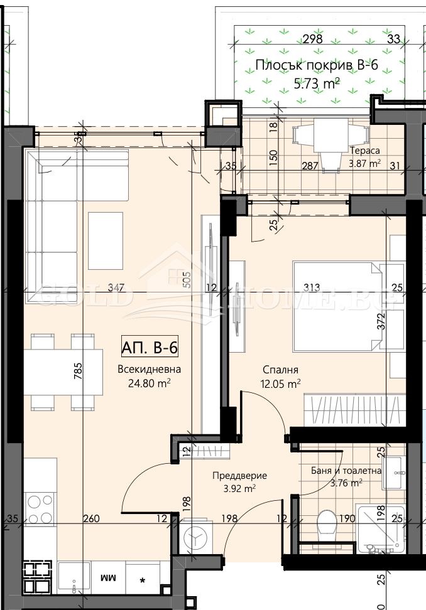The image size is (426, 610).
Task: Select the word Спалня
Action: (280, 370)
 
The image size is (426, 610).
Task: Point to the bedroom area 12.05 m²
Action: (280, 383)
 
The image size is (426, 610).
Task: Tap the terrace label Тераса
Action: (364, 151)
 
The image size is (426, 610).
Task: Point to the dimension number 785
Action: (78, 373)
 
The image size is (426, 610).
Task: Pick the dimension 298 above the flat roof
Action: (312, 39)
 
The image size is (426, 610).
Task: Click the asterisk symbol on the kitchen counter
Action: (143, 579)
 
